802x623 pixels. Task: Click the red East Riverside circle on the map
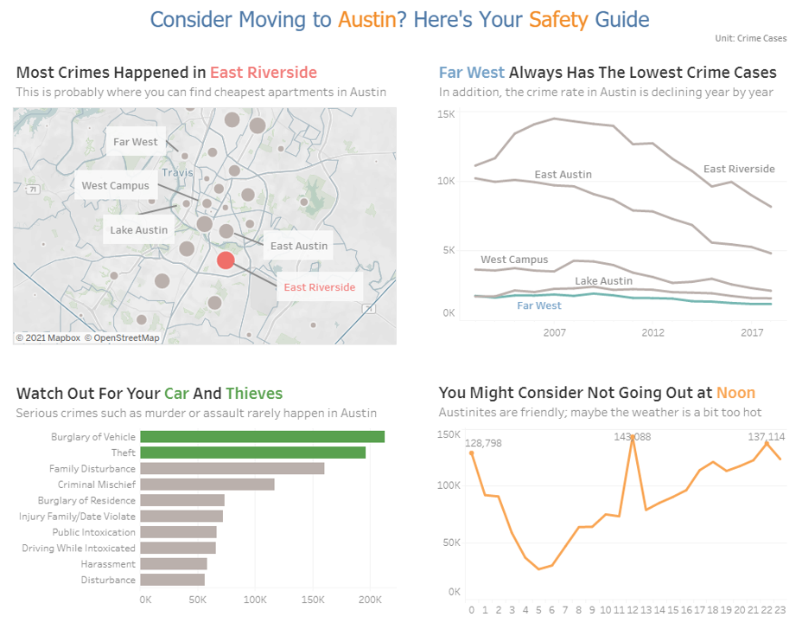226,260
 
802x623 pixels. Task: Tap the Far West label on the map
136,142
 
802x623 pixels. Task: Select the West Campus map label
116,185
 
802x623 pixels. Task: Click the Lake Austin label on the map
139,230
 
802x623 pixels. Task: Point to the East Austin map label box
299,246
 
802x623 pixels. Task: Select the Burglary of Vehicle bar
262,437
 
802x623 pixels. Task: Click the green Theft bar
252,453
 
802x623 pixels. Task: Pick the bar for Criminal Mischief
207,485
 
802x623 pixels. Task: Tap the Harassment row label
109,564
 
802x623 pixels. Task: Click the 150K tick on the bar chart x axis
312,600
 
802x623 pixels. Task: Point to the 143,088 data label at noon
633,437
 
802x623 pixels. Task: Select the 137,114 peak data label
767,437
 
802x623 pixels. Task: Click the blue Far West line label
539,305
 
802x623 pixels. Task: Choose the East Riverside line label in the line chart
739,169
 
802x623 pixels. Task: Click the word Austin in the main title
366,19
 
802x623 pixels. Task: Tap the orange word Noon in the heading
735,393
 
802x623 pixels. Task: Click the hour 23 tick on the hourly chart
780,609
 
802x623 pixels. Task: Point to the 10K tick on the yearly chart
446,181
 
